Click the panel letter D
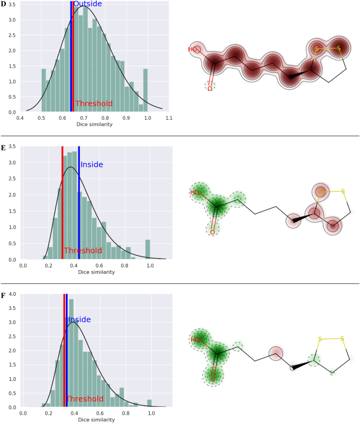(x=4, y=4)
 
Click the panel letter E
(x=4, y=148)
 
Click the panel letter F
(x=4, y=295)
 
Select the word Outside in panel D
(x=87, y=4)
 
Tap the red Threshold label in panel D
(x=94, y=104)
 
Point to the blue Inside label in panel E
(x=91, y=165)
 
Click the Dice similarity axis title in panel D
(x=95, y=125)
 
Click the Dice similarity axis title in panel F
(x=95, y=420)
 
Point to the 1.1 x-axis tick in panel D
(x=169, y=118)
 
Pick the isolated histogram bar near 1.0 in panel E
(x=148, y=249)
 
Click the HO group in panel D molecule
(x=193, y=49)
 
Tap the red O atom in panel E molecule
(x=212, y=232)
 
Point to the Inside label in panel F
(x=79, y=319)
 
